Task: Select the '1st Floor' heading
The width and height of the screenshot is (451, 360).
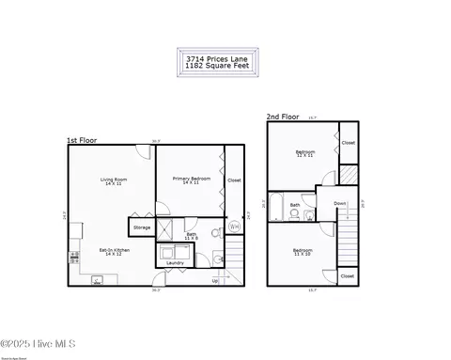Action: pos(81,140)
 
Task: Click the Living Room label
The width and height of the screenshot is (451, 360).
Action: pos(114,180)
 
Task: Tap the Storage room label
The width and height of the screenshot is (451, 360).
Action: pos(142,227)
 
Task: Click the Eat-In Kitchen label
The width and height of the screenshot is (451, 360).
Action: pos(114,253)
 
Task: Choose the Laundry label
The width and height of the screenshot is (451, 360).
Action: pos(175,262)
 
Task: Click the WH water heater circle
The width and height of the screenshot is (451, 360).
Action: pos(234,227)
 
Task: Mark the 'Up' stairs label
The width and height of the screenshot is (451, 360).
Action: pos(215,280)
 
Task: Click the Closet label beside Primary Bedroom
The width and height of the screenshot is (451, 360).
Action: pos(234,180)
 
